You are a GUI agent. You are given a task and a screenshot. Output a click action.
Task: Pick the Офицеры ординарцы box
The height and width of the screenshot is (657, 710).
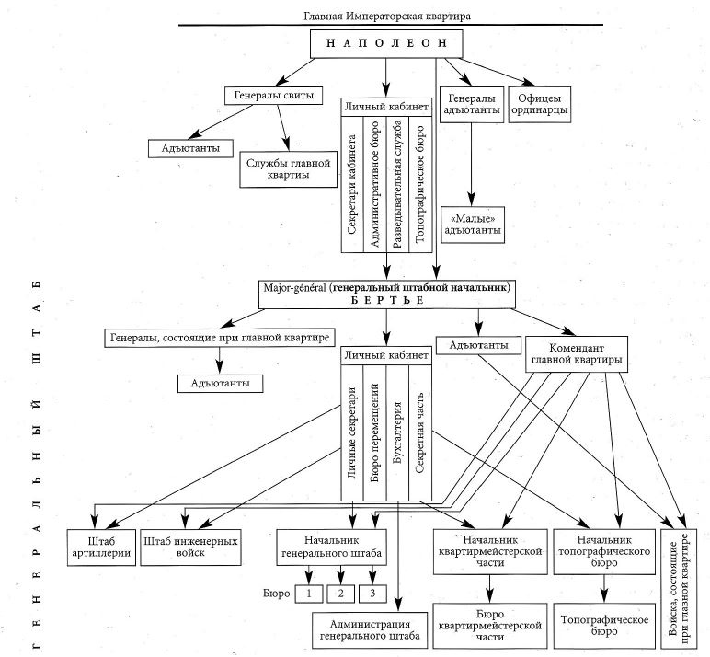[x=541, y=103]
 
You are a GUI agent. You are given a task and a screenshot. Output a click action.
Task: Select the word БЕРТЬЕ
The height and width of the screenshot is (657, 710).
[x=385, y=301]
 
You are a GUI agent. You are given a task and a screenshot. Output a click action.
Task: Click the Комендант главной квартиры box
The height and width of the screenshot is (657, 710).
[x=576, y=354]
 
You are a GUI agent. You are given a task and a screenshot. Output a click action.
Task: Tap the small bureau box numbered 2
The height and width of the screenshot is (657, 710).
[x=340, y=594]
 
